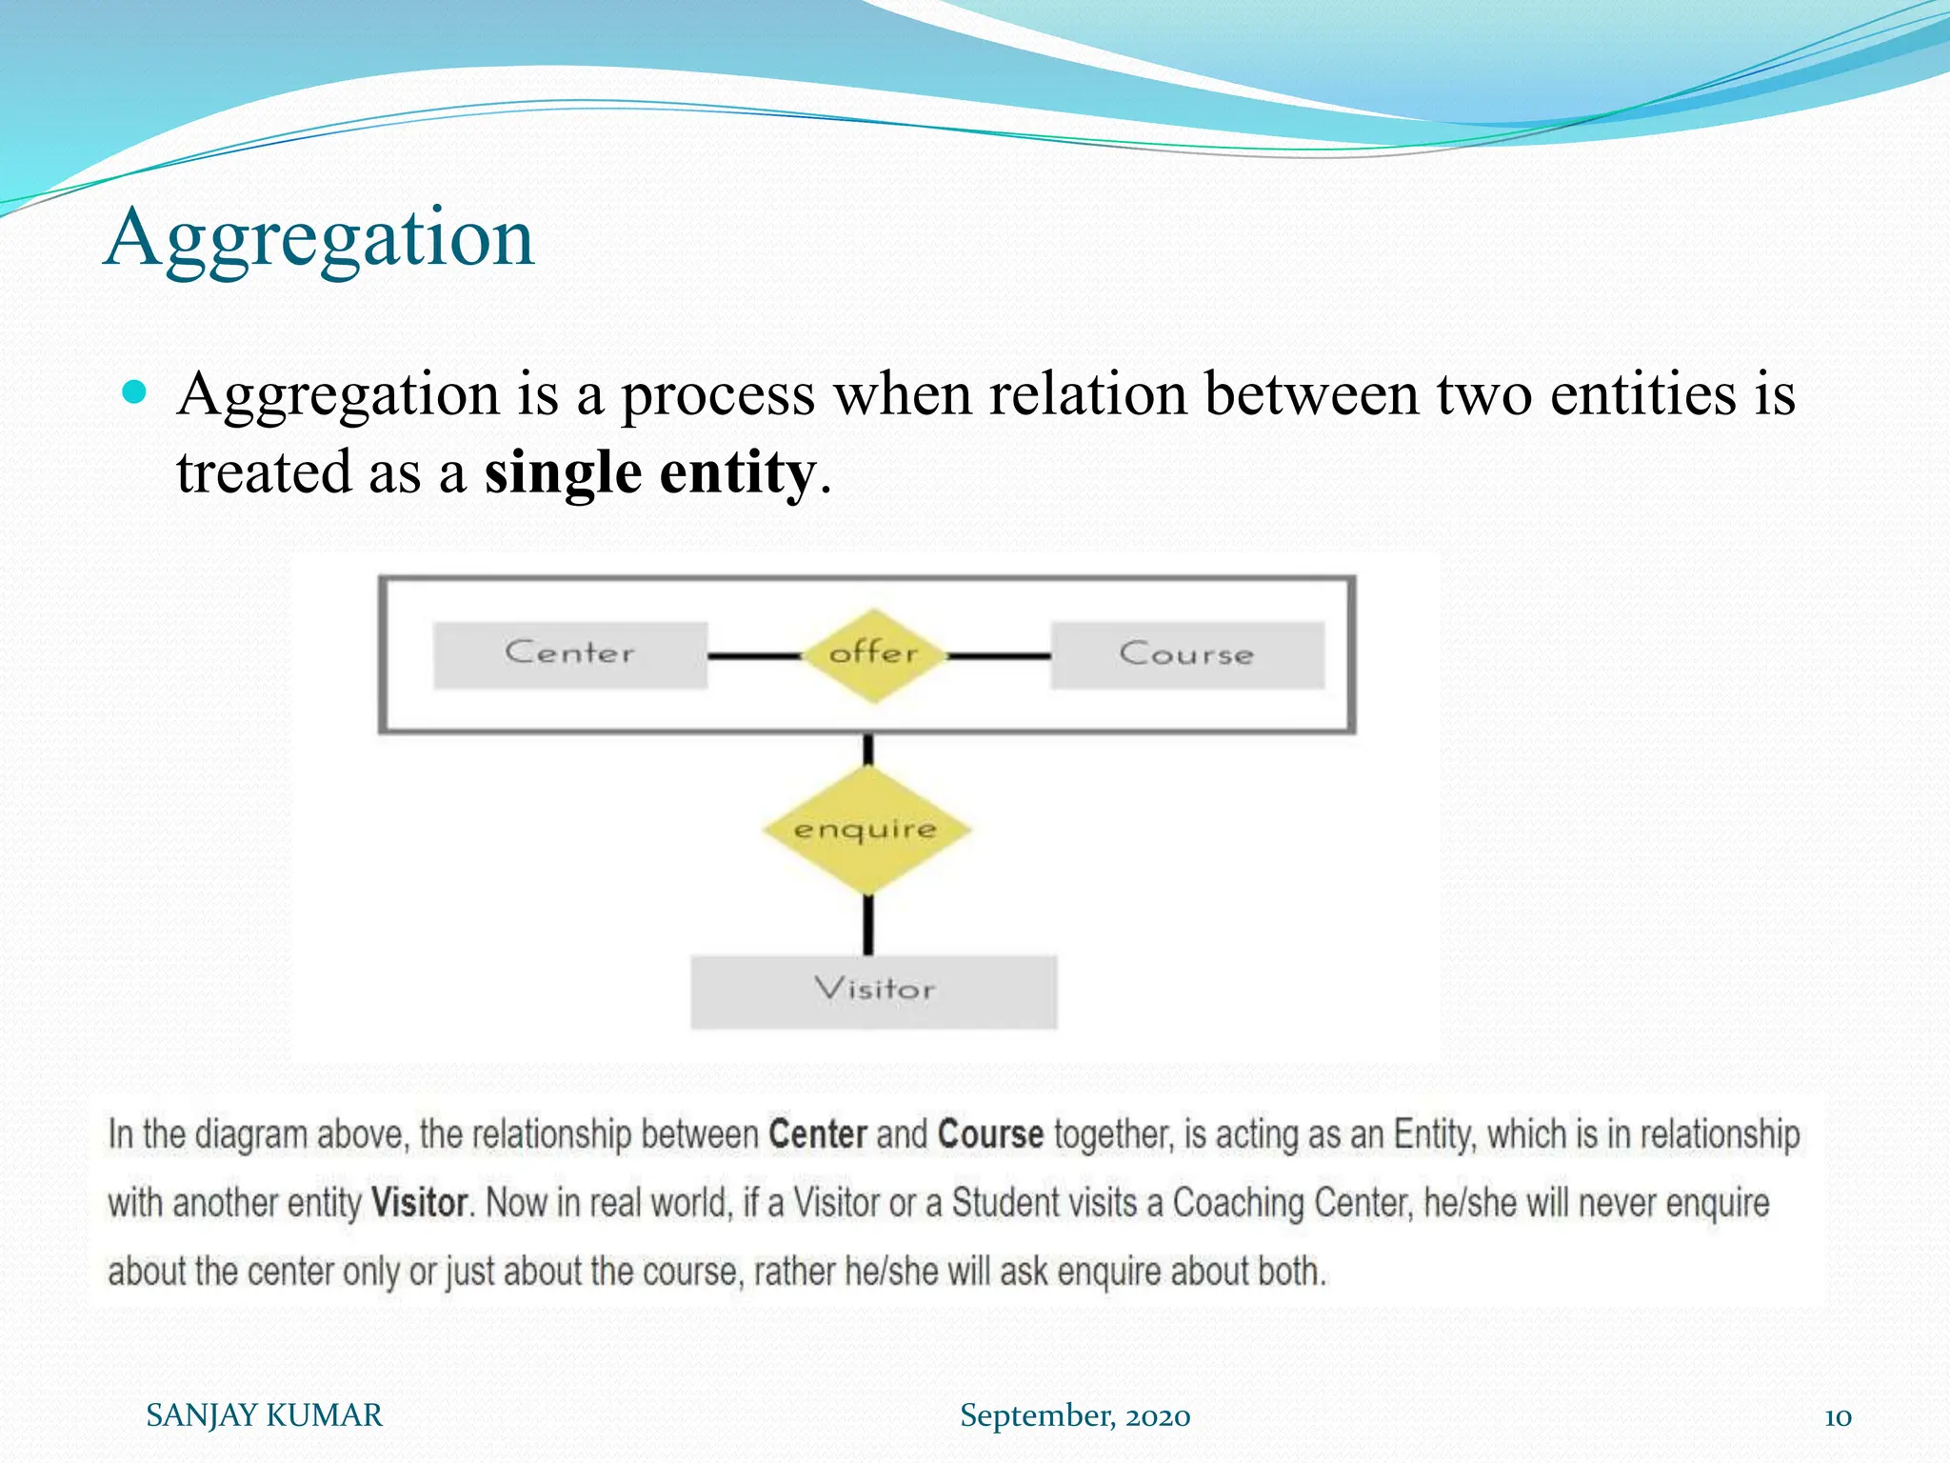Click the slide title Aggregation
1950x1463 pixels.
319,238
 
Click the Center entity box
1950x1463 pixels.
569,654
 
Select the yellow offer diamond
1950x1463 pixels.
873,655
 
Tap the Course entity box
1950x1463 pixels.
1186,654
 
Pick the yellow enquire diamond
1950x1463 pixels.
866,831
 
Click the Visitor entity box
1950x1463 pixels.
873,991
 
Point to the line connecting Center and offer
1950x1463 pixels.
754,655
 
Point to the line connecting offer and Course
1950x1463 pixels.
1000,655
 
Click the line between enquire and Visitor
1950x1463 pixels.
867,924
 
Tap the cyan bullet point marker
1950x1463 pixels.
135,391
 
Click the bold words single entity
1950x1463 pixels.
649,473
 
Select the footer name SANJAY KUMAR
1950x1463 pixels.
264,1415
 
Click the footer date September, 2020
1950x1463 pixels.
1074,1415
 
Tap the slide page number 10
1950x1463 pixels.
1837,1416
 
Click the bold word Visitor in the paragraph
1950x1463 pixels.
419,1203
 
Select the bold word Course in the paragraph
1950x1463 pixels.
990,1134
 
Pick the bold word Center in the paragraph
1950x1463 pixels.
817,1134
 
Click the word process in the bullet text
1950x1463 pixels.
718,395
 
